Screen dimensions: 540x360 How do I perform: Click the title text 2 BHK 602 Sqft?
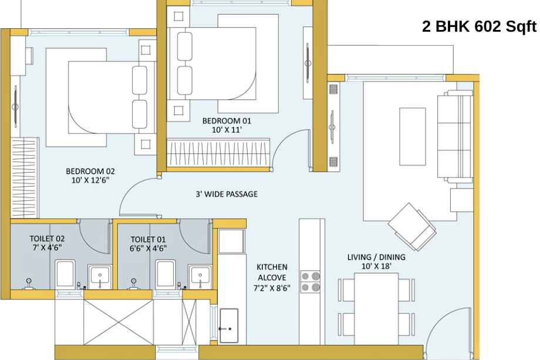(479, 26)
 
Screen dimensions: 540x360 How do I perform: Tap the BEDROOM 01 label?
(227, 121)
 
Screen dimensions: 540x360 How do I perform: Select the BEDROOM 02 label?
(90, 171)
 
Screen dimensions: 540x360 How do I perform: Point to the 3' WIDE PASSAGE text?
(227, 194)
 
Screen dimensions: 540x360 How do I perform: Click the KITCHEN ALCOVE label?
(272, 272)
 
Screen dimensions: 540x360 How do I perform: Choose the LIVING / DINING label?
(376, 257)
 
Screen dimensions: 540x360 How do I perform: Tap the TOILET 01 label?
(148, 239)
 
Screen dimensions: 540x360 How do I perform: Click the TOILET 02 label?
(47, 238)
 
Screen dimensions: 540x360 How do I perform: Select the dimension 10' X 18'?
(376, 266)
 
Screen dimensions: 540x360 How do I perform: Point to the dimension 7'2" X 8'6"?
(272, 288)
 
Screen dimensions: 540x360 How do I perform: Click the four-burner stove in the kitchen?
(310, 282)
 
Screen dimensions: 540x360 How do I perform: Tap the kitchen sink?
(229, 325)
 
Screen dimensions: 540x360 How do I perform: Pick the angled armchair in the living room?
(412, 227)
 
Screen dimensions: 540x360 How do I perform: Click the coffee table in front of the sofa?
(412, 136)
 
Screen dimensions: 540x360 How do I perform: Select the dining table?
(376, 309)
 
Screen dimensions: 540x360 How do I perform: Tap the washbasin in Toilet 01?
(200, 276)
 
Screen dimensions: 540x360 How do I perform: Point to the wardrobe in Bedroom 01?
(218, 152)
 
